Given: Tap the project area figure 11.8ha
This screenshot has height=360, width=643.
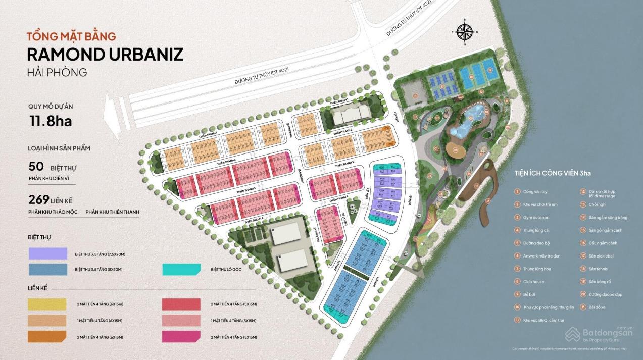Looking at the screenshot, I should [x=51, y=121].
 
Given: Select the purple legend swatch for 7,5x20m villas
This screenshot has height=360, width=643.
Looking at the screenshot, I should [x=48, y=253].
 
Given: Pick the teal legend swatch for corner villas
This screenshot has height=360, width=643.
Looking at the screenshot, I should [x=181, y=269].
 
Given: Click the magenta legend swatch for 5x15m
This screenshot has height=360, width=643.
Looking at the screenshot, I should [x=181, y=337].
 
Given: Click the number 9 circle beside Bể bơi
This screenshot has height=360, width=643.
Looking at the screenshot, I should [x=517, y=294].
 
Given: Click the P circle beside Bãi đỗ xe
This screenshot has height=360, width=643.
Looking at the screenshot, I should [x=583, y=307].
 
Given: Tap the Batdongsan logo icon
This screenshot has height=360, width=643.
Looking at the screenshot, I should [x=572, y=334].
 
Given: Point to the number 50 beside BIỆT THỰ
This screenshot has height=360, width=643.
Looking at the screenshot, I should [x=36, y=167].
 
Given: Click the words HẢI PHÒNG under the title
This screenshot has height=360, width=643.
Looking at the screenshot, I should [x=57, y=72].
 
